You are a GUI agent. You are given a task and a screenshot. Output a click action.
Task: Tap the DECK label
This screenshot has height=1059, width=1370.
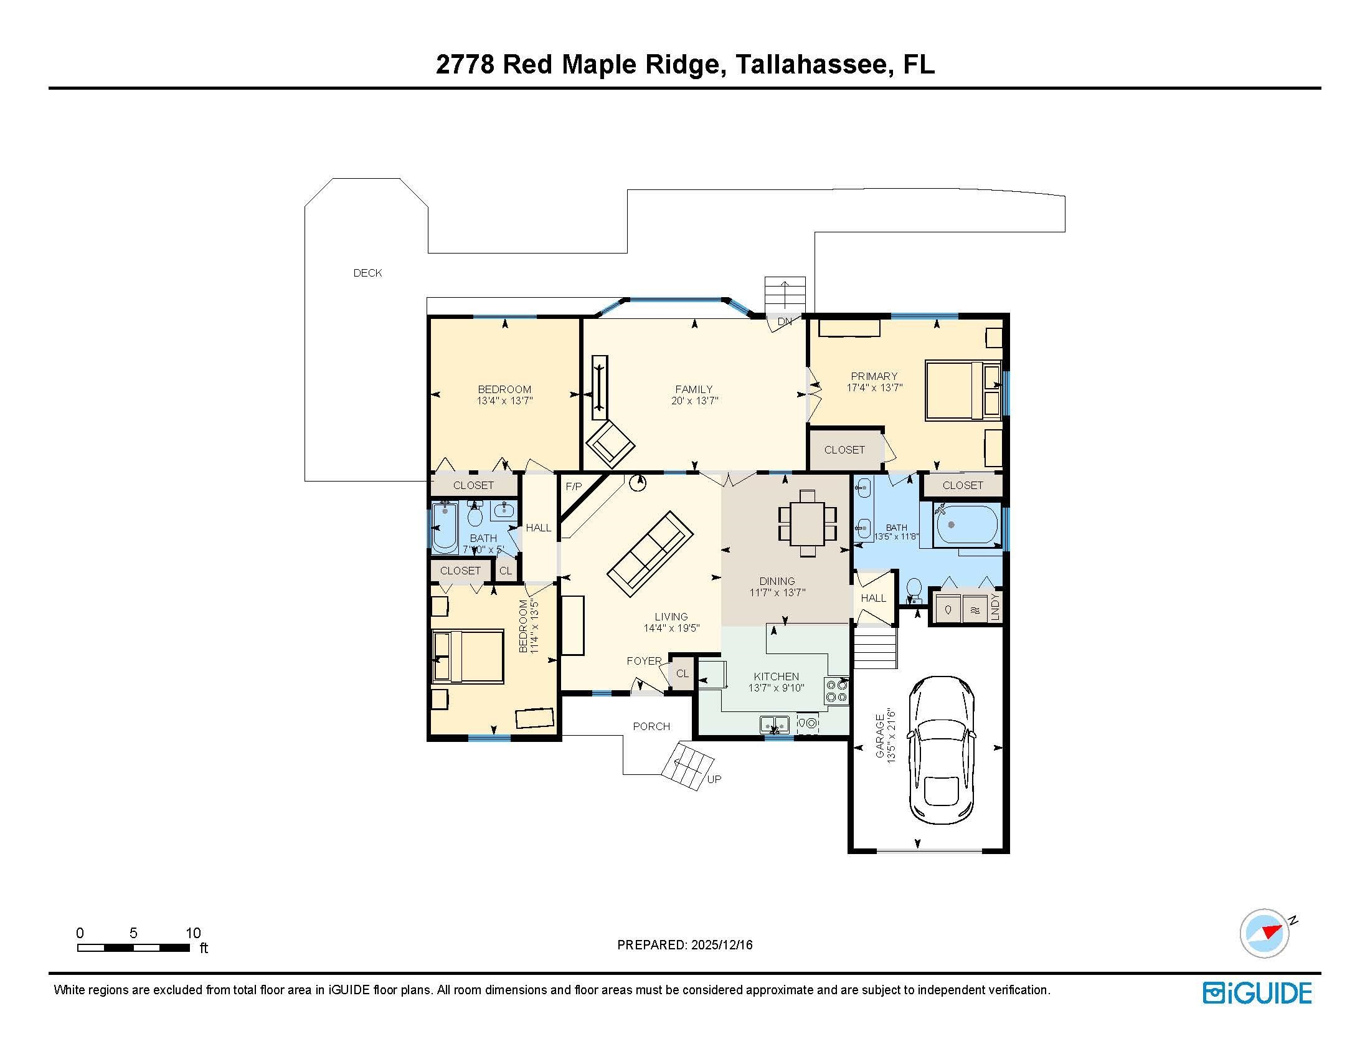367,273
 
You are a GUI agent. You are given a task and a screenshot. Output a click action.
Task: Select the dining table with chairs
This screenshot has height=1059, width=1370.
807,523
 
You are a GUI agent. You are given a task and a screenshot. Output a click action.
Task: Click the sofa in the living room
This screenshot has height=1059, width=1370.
651,550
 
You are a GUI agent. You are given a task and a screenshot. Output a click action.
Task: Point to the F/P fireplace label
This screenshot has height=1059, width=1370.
574,487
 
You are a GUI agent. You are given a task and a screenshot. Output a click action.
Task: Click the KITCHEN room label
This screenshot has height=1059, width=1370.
776,677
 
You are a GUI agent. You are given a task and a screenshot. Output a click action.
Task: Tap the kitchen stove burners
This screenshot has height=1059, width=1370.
837,691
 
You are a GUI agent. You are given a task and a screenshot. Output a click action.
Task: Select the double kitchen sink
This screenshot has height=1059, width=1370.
775,724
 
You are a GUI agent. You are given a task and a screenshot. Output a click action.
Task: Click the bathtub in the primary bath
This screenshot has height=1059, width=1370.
966,525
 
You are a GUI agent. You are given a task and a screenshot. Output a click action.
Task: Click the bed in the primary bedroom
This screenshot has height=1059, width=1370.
953,389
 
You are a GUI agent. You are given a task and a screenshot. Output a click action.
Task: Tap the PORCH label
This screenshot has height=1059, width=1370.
651,726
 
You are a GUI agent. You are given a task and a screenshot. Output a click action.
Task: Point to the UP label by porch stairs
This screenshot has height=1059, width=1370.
714,779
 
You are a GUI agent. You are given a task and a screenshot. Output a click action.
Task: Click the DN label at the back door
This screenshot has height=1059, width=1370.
784,321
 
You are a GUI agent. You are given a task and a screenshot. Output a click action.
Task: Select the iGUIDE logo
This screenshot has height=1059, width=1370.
1257,993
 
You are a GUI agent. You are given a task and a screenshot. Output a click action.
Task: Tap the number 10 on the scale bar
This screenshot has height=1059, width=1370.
193,933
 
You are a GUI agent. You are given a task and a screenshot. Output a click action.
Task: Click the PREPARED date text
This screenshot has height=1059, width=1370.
684,945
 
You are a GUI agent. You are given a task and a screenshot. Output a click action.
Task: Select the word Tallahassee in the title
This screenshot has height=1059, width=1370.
812,64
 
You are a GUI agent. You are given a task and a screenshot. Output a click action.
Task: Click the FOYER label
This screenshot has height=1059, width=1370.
644,661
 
